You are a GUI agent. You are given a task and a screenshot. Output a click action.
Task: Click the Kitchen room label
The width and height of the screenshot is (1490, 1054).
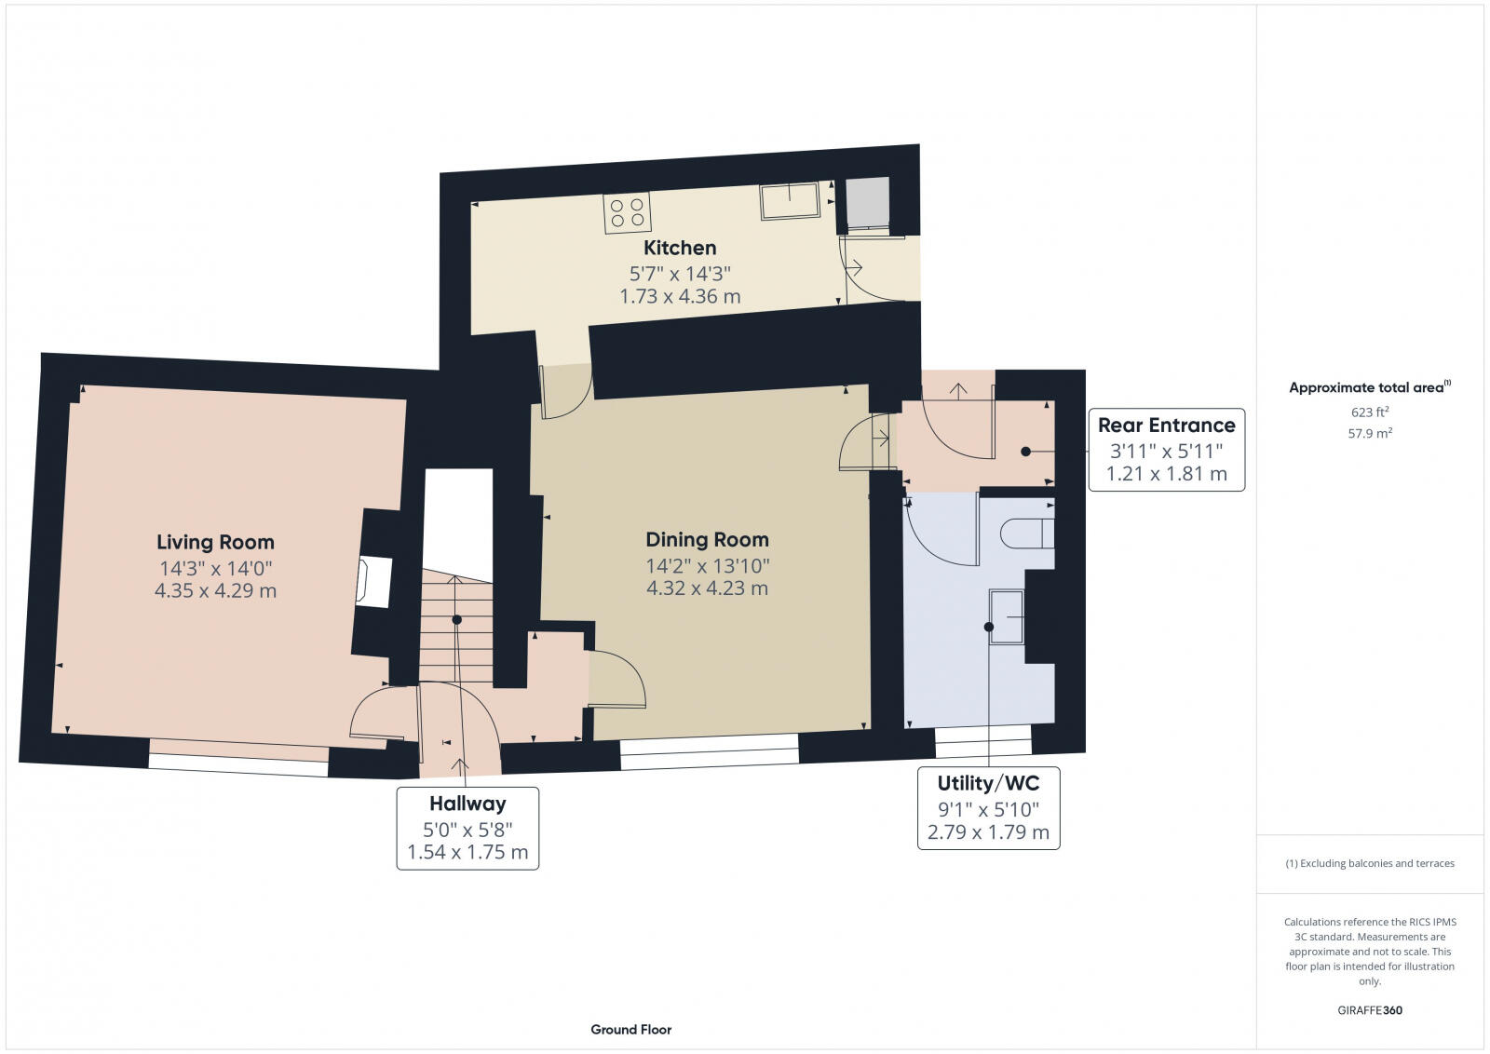(x=680, y=248)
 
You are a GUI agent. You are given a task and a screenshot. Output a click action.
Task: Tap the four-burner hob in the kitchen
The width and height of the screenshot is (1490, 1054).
(x=626, y=212)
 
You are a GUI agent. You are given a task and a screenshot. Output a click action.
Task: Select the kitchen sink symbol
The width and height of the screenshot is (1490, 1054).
(x=790, y=200)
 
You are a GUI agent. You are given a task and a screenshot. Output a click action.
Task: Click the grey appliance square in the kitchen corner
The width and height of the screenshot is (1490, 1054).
(x=867, y=202)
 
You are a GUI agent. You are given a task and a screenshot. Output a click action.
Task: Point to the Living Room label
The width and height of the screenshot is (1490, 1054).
(x=215, y=542)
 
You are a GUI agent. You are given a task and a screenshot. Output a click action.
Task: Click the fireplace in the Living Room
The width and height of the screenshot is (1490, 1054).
(x=373, y=582)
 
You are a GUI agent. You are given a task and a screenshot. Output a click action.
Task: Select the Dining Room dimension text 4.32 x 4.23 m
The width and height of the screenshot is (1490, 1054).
(x=707, y=588)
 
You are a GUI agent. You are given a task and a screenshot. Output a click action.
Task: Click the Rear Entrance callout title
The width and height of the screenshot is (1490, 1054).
(x=1166, y=426)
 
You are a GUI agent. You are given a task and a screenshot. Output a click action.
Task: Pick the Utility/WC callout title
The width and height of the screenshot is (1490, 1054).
(x=988, y=783)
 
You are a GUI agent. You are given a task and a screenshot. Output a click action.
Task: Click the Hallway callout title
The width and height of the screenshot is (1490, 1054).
(x=467, y=804)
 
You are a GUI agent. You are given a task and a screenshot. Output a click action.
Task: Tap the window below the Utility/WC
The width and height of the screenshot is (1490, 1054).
(x=983, y=741)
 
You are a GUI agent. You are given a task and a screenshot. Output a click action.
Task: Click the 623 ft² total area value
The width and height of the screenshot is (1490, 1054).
(x=1370, y=412)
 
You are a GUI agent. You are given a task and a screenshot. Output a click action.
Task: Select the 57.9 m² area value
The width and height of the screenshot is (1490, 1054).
(x=1370, y=433)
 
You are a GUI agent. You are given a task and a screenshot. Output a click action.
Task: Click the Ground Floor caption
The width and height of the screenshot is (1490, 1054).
(x=630, y=1029)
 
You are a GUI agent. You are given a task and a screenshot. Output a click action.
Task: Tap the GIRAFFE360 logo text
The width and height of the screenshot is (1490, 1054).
(x=1370, y=1010)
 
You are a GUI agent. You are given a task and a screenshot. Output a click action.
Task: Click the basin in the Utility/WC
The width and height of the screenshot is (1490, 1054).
(x=1007, y=615)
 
